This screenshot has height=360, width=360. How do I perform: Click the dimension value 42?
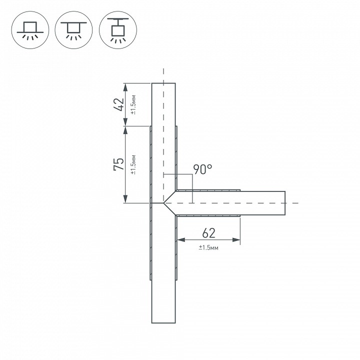(x=118, y=104)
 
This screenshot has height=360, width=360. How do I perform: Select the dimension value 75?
(x=118, y=164)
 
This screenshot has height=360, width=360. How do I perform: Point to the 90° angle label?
(x=202, y=170)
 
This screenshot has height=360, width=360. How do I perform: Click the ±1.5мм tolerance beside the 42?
(x=133, y=104)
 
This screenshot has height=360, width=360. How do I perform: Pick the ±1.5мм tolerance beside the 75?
(x=133, y=164)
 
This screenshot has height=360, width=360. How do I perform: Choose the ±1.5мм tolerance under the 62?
(x=209, y=247)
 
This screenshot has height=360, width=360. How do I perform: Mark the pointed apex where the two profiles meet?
(x=164, y=203)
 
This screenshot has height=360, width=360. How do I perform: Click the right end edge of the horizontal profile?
(x=285, y=203)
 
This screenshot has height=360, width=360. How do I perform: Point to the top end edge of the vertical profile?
(x=163, y=83)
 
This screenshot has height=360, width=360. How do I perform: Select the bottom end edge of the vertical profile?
(x=163, y=323)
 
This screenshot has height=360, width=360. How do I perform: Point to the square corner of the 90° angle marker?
(x=192, y=174)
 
